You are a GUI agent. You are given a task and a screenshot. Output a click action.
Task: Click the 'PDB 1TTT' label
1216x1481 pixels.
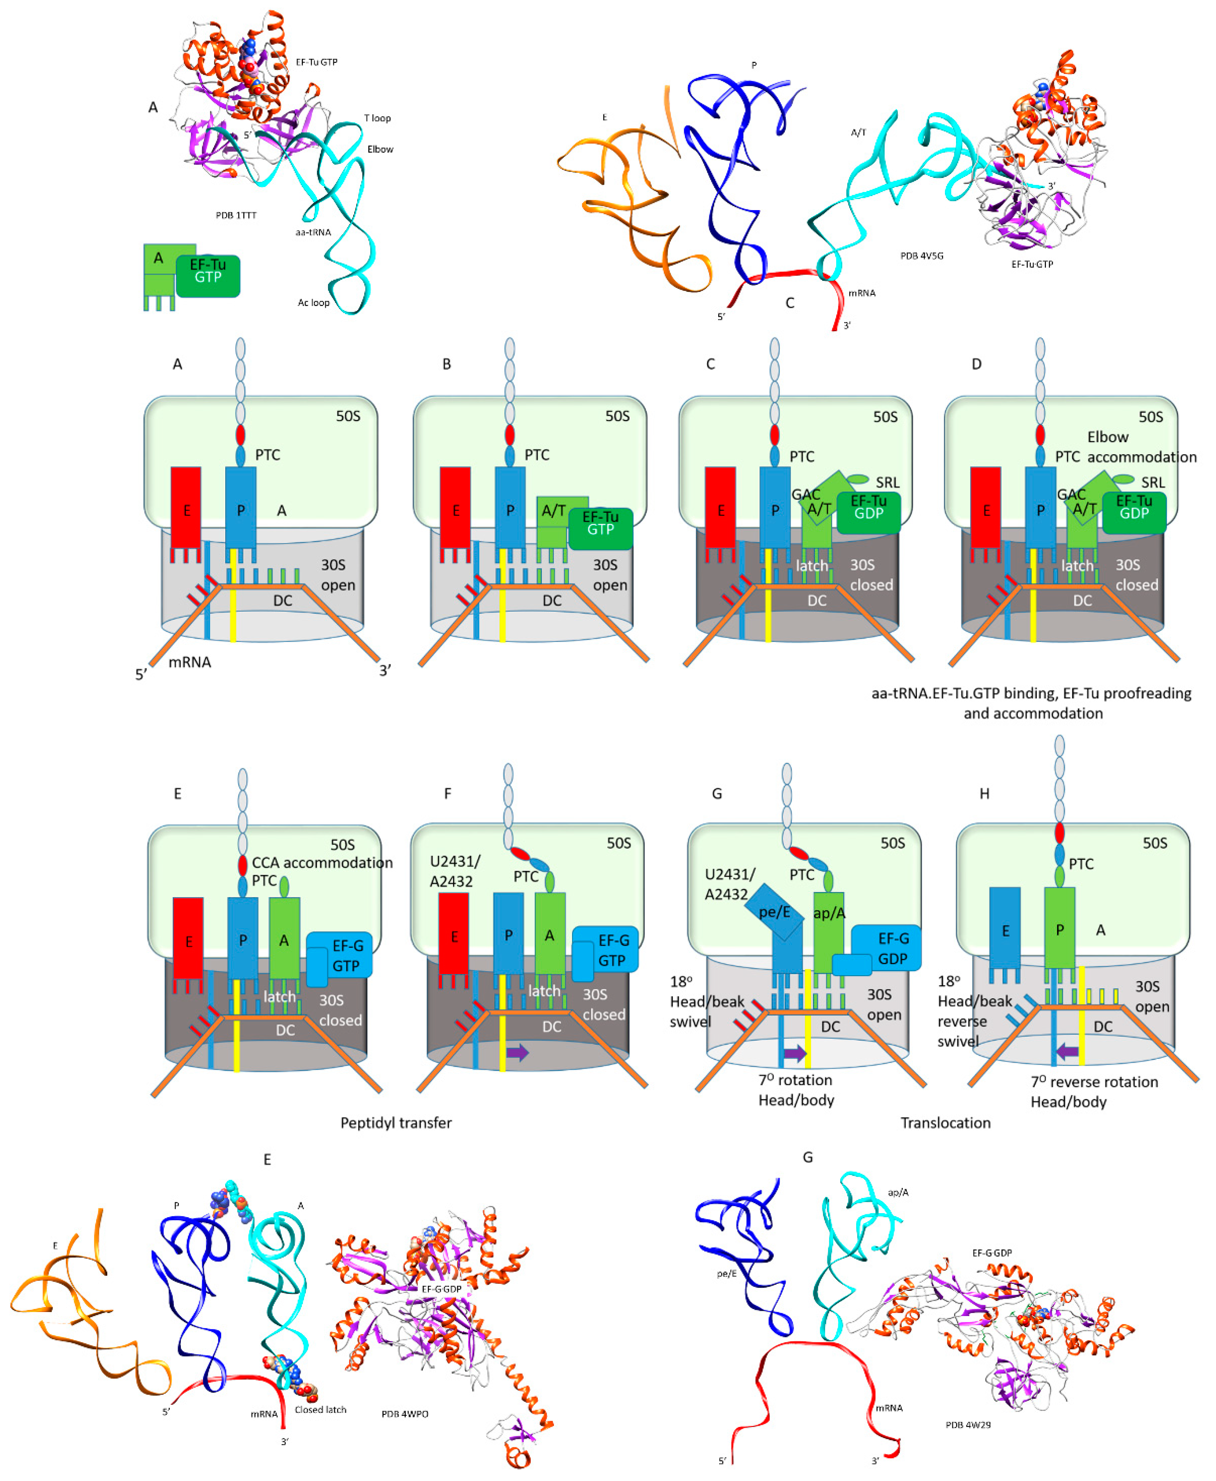[236, 215]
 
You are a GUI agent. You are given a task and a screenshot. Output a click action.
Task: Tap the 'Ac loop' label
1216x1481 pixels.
[313, 303]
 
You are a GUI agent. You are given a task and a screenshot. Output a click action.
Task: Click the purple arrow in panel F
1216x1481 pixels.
[517, 1052]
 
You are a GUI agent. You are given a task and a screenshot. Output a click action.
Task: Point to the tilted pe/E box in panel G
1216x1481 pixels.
[773, 912]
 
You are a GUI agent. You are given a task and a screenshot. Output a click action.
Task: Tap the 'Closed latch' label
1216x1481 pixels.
[320, 1410]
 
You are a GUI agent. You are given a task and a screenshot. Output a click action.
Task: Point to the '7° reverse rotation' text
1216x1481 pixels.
[1094, 1082]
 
